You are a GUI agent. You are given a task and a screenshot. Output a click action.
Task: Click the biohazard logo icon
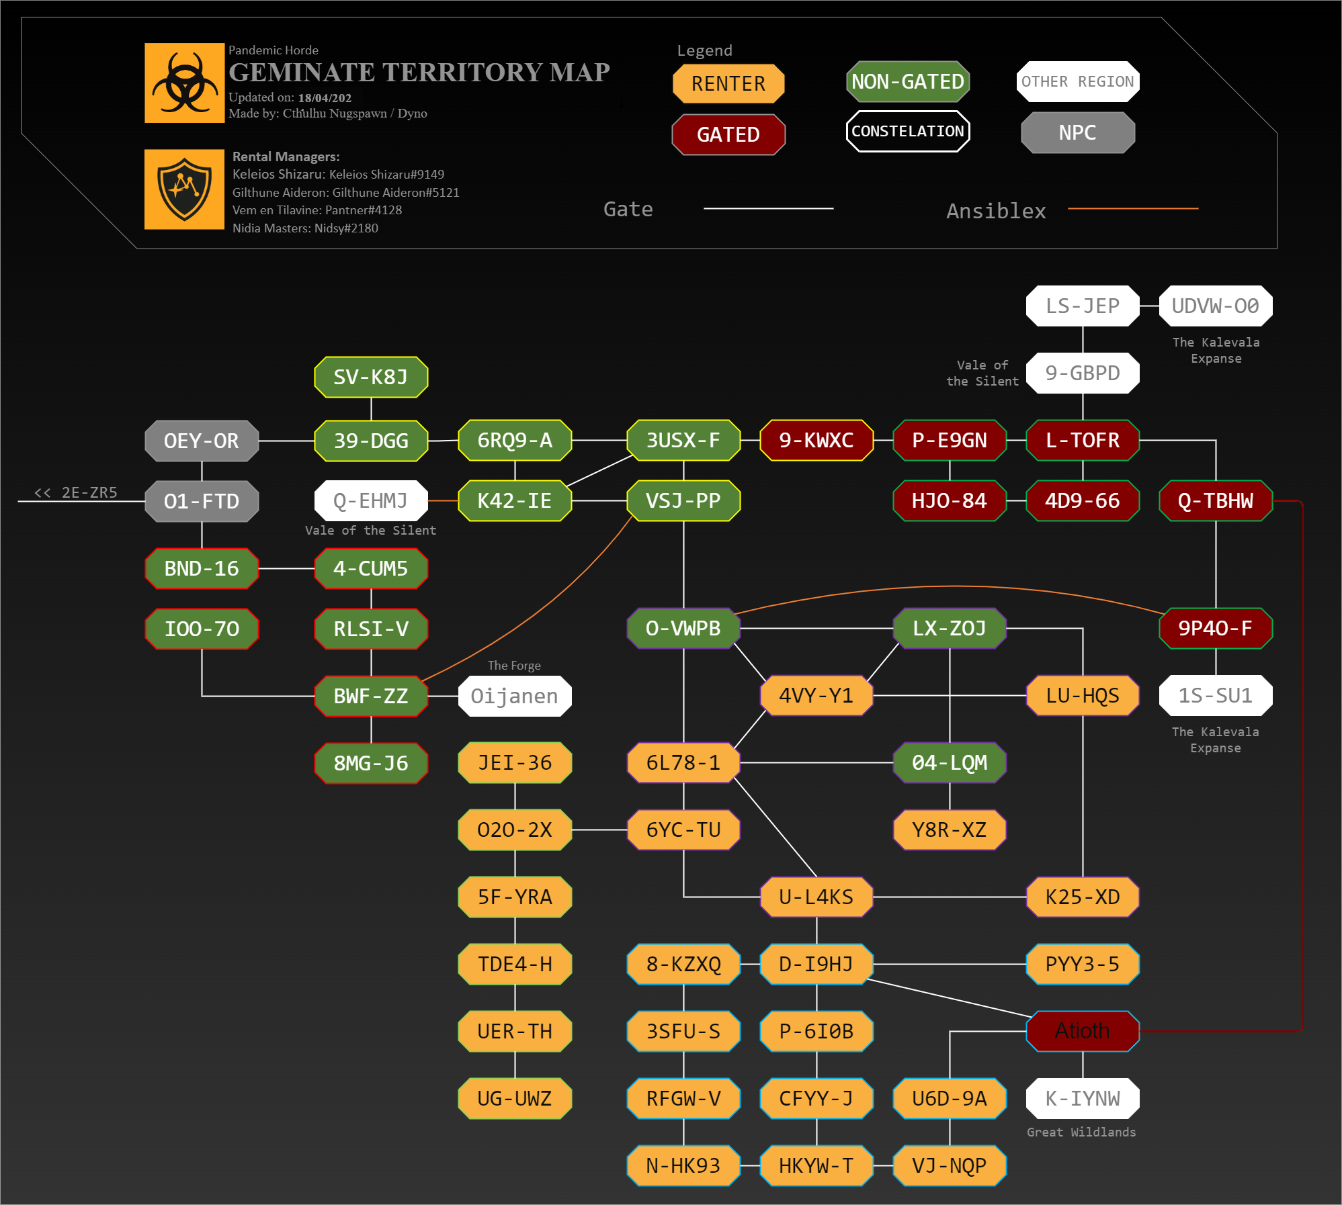pyautogui.click(x=184, y=83)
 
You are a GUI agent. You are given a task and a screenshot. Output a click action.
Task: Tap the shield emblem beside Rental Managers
pyautogui.click(x=184, y=189)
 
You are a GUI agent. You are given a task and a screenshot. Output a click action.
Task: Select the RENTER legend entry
pyautogui.click(x=728, y=83)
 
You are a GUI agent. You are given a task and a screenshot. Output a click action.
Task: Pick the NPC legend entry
pyautogui.click(x=1077, y=132)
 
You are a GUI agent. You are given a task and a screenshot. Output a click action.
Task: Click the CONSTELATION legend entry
pyautogui.click(x=907, y=131)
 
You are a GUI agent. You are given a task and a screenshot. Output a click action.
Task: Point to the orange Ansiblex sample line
pyautogui.click(x=1132, y=209)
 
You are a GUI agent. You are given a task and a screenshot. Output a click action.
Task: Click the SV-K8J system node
pyautogui.click(x=371, y=377)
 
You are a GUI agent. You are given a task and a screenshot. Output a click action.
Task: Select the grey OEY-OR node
pyautogui.click(x=202, y=441)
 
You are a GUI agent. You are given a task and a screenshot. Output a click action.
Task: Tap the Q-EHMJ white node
pyautogui.click(x=371, y=500)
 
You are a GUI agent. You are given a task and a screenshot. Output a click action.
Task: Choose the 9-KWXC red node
pyautogui.click(x=816, y=440)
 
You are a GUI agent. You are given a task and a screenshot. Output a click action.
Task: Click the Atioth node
pyautogui.click(x=1082, y=1031)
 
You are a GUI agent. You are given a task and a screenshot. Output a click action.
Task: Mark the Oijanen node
pyautogui.click(x=514, y=696)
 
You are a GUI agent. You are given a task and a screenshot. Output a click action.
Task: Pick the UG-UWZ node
pyautogui.click(x=514, y=1098)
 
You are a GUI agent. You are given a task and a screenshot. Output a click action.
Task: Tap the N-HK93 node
pyautogui.click(x=683, y=1165)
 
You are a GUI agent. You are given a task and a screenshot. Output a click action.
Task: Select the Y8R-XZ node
pyautogui.click(x=949, y=830)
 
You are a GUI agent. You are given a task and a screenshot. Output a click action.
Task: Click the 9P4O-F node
pyautogui.click(x=1215, y=628)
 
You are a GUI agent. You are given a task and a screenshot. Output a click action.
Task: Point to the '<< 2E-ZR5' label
pyautogui.click(x=76, y=492)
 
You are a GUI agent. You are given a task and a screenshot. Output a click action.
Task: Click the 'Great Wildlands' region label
pyautogui.click(x=1081, y=1132)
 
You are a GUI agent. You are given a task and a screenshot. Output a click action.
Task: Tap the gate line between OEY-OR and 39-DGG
pyautogui.click(x=286, y=441)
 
